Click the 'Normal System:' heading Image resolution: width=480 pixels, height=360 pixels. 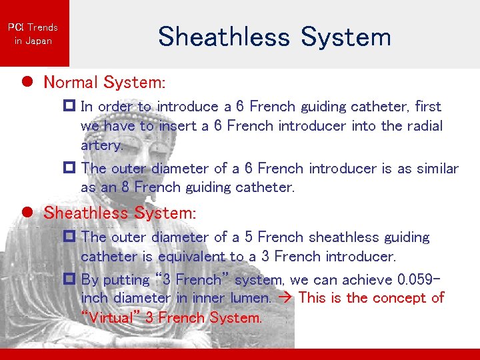pos(104,83)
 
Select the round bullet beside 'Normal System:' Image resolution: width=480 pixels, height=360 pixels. pos(27,82)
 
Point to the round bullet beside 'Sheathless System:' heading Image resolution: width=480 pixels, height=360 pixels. pos(27,213)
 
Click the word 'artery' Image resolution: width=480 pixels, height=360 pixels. pos(101,145)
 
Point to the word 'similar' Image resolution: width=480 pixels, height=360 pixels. pos(437,169)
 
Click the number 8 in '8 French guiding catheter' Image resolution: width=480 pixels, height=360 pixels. pos(125,187)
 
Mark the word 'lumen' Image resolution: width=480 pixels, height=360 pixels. pos(249,298)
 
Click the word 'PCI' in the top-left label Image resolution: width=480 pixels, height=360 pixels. pos(15,27)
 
